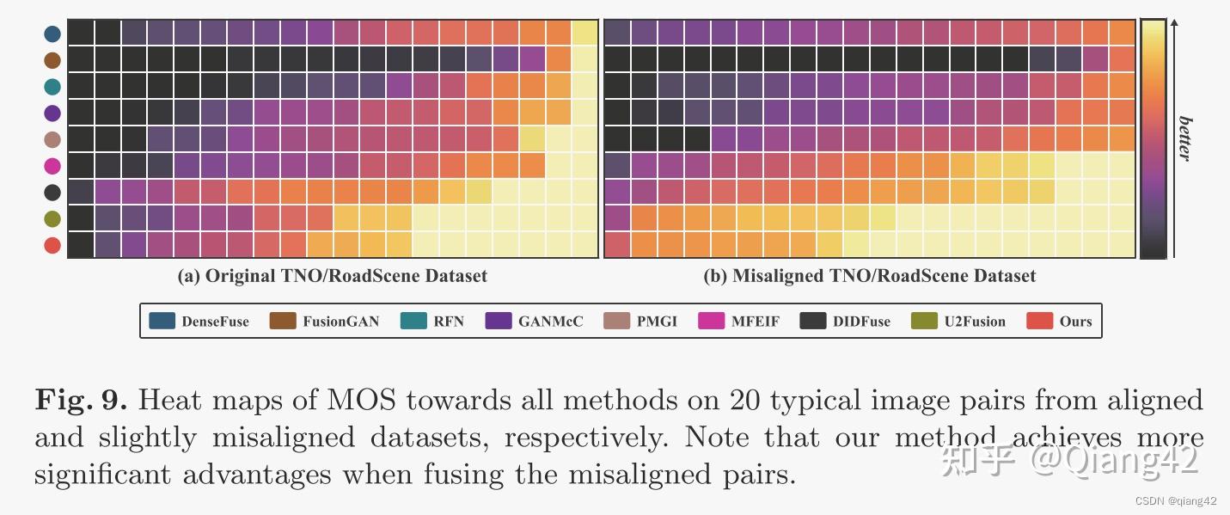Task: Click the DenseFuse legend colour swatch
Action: tap(162, 321)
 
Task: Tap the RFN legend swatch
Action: tap(413, 321)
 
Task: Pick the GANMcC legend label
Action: tap(550, 322)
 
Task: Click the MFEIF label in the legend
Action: tap(756, 322)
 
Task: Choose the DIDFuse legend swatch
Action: tap(813, 321)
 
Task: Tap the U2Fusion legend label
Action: tap(975, 322)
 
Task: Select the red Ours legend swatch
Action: tap(1040, 321)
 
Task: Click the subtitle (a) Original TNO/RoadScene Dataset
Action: tap(332, 276)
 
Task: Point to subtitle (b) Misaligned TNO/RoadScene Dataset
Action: tap(869, 276)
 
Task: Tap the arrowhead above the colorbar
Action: tap(1174, 23)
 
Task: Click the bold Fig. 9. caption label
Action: tap(81, 400)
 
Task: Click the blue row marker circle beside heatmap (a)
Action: tap(52, 34)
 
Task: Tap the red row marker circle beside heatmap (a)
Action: tap(52, 246)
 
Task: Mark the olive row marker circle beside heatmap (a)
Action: tap(52, 219)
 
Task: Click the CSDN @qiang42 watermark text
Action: tap(1176, 501)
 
